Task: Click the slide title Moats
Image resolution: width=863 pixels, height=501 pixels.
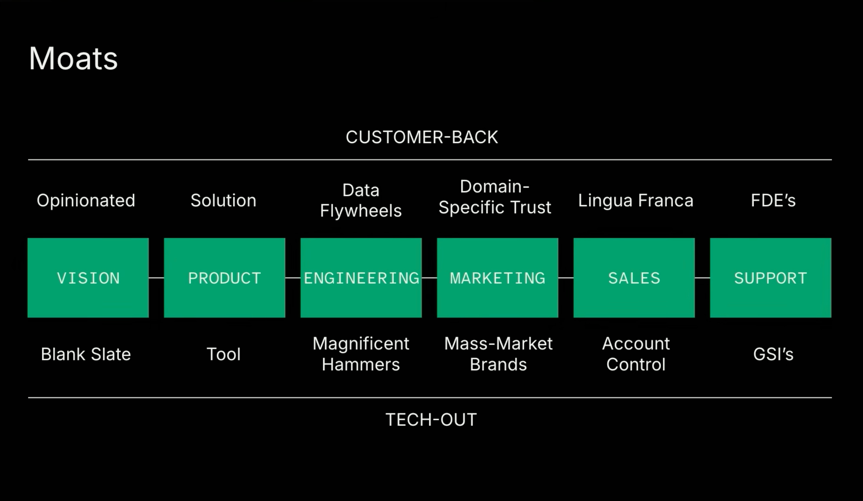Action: click(73, 58)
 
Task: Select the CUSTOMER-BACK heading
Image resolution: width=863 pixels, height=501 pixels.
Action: click(422, 137)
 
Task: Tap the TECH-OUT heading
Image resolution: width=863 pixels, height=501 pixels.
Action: click(431, 420)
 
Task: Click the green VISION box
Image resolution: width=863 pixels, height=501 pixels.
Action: click(88, 278)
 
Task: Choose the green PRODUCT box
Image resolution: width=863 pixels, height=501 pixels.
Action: click(225, 278)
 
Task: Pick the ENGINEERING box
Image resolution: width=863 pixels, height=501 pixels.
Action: click(361, 278)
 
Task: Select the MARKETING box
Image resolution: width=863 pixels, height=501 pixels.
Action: click(498, 278)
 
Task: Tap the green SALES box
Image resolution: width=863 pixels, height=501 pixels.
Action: click(634, 278)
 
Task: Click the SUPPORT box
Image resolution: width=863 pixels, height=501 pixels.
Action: click(771, 278)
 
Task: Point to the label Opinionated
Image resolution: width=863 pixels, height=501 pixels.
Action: click(86, 201)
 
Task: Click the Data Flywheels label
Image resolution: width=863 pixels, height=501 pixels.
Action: click(361, 200)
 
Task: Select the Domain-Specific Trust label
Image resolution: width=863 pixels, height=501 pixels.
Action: click(495, 197)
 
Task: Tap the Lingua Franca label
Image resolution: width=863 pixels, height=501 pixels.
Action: click(636, 201)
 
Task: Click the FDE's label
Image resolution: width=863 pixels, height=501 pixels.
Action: click(773, 201)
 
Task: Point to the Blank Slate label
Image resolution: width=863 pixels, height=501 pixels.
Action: click(86, 354)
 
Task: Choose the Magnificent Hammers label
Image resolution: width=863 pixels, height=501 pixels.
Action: click(361, 354)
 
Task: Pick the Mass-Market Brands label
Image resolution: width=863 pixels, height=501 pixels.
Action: click(498, 354)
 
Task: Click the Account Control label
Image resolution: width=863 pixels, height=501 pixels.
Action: click(636, 354)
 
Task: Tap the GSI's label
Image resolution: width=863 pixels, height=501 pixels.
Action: click(773, 354)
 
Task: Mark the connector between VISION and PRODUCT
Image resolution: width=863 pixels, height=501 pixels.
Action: click(157, 278)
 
